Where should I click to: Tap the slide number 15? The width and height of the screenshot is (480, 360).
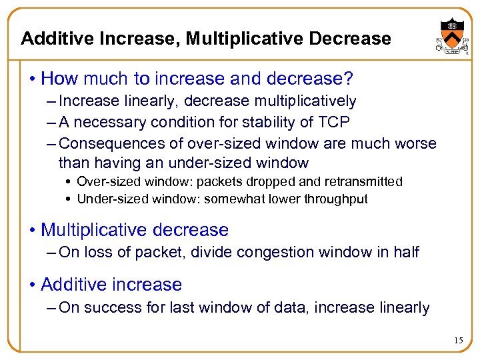pyautogui.click(x=458, y=341)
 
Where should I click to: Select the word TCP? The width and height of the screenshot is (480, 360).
pyautogui.click(x=333, y=122)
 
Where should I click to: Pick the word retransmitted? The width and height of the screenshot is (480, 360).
pyautogui.click(x=363, y=181)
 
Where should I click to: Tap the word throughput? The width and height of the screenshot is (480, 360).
pyautogui.click(x=337, y=199)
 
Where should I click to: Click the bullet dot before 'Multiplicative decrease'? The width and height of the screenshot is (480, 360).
pyautogui.click(x=32, y=231)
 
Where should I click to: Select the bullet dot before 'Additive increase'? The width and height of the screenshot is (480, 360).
pyautogui.click(x=32, y=285)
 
